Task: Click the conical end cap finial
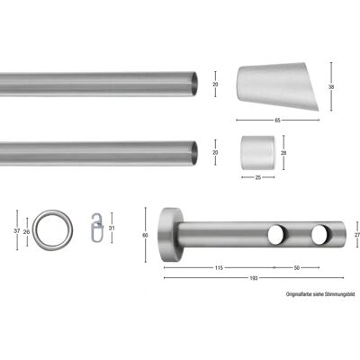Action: click(x=278, y=86)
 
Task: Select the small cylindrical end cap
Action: click(x=258, y=153)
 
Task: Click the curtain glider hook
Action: click(x=96, y=228)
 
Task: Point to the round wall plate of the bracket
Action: click(x=170, y=234)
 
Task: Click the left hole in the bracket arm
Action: click(x=277, y=235)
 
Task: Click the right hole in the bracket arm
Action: click(x=320, y=235)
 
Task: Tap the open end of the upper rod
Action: click(x=194, y=84)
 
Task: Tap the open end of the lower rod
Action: click(x=194, y=153)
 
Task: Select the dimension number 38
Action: click(x=331, y=87)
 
